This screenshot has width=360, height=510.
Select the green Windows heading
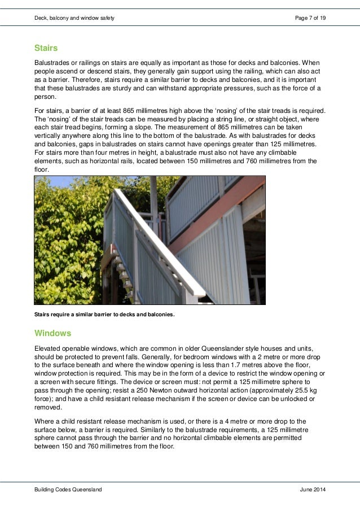52,333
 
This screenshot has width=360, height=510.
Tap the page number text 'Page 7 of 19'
310,19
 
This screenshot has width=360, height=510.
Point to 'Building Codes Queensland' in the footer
68,490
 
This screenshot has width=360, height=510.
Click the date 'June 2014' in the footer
313,490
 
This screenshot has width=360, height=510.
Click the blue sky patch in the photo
47,182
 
